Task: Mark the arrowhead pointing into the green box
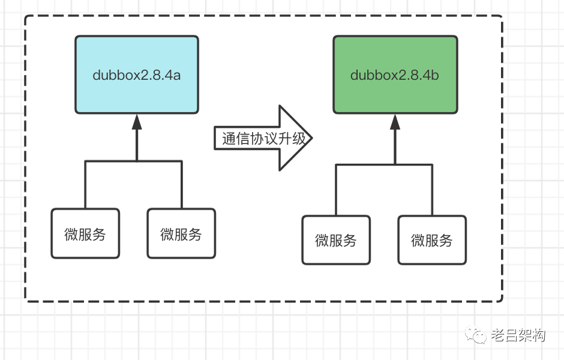[395, 122]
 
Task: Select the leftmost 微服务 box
[85, 233]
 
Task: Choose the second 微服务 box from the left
[181, 233]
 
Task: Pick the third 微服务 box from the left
[336, 240]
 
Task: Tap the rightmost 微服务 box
[432, 240]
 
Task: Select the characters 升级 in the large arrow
[296, 139]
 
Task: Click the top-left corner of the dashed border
[26, 16]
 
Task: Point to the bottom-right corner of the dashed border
[502, 301]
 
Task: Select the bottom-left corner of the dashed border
[26, 301]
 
